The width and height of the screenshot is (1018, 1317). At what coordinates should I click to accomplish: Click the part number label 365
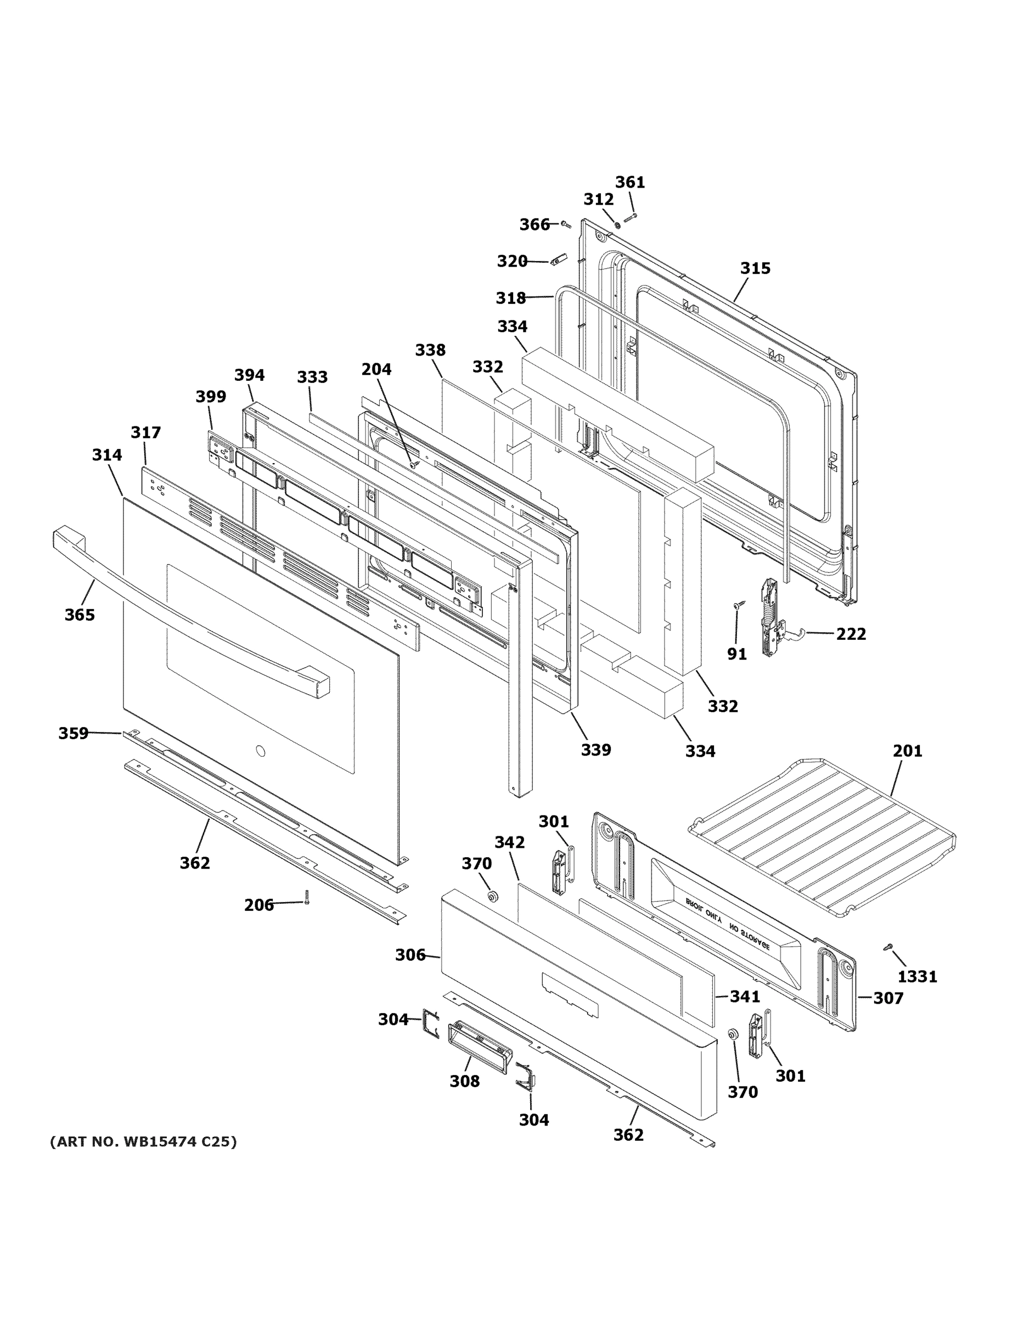(80, 615)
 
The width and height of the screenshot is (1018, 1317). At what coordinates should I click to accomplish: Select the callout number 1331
(917, 976)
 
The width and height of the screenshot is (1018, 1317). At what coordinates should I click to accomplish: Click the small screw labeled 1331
(888, 947)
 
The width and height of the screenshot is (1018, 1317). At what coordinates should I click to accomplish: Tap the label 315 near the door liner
(755, 268)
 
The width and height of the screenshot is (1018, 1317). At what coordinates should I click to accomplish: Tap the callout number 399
(211, 397)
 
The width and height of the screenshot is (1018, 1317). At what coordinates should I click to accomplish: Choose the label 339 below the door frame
(596, 750)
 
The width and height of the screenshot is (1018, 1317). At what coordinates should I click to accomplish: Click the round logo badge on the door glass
(260, 751)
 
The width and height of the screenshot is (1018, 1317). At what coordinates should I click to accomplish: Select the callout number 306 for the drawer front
(410, 955)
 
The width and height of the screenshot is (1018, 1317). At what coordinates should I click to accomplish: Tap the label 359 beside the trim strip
(73, 733)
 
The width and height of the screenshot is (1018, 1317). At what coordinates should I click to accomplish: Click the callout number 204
(376, 369)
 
